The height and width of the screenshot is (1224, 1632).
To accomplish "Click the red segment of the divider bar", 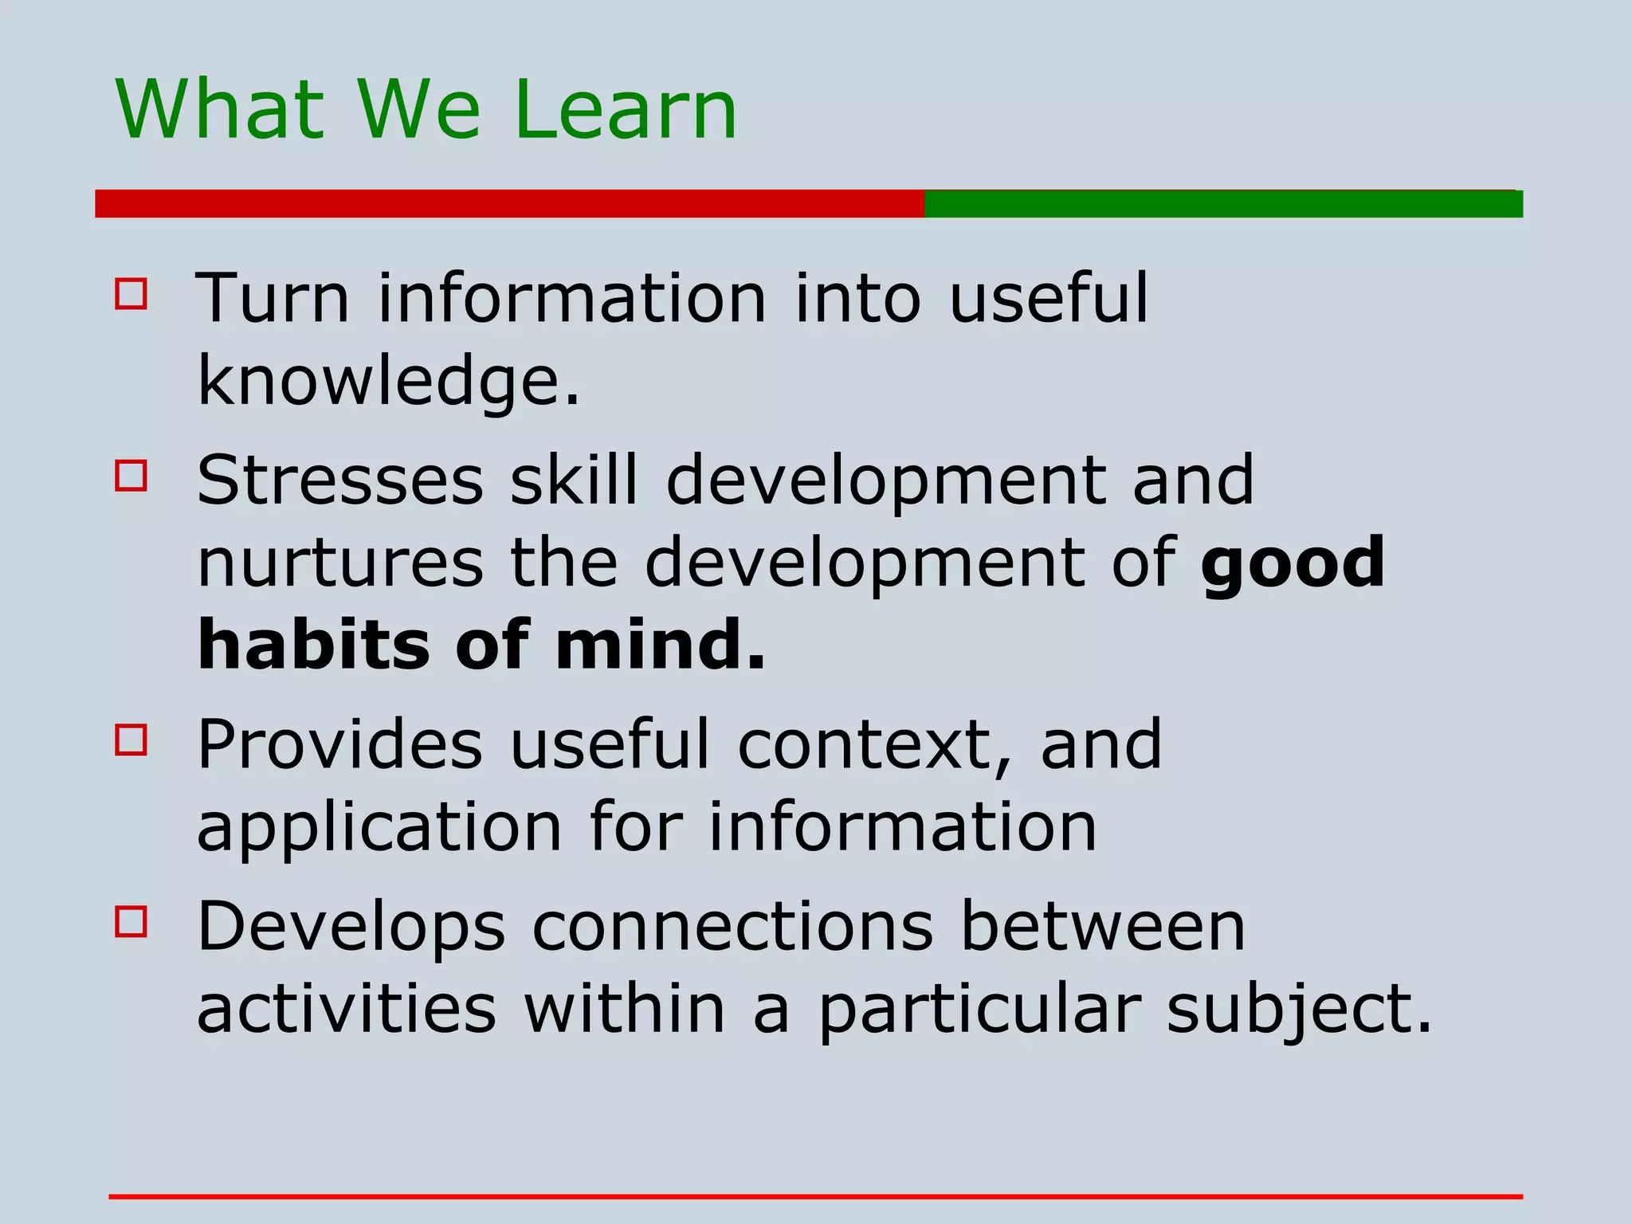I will (510, 203).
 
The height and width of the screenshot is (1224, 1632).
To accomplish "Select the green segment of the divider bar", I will (1223, 203).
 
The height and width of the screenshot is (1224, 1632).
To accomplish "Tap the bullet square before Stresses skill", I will (131, 476).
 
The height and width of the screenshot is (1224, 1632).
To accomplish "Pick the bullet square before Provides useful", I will (131, 739).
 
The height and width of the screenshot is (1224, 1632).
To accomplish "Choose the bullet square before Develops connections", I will (131, 922).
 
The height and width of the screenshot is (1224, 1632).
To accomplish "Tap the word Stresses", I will (340, 480).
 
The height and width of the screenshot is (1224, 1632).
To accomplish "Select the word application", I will (379, 829).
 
